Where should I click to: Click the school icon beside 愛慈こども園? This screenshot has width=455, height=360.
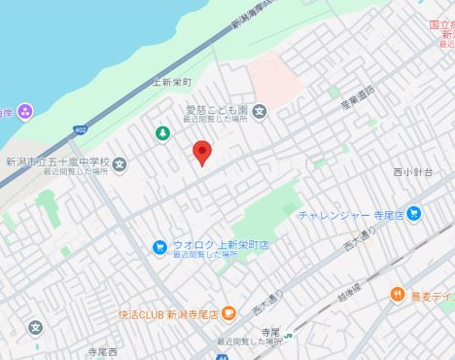click(260, 111)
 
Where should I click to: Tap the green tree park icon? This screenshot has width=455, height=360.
click(162, 133)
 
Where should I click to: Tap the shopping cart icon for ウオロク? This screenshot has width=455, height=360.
click(158, 247)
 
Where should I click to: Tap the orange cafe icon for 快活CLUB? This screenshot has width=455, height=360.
click(228, 313)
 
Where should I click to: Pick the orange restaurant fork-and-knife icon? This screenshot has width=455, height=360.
click(397, 294)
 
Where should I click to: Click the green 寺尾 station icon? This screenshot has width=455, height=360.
click(276, 340)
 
